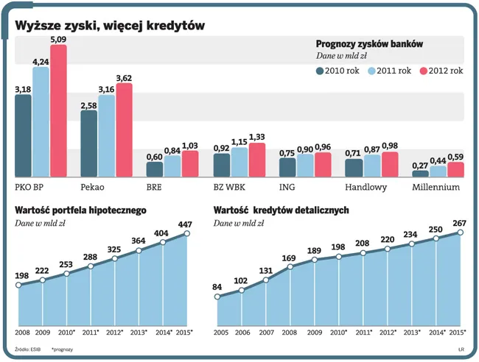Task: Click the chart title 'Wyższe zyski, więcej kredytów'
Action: [111, 26]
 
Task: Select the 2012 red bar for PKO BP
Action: [58, 110]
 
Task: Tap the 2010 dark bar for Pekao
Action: [89, 143]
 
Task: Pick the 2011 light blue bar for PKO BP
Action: [41, 121]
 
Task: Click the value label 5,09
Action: [58, 39]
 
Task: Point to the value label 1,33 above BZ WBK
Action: [257, 137]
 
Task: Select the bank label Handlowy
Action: [367, 188]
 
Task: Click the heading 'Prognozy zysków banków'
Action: [368, 44]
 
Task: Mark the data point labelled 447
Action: [187, 233]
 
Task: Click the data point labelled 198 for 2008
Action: [18, 285]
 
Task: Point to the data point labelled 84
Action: [217, 297]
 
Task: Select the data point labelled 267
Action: [461, 233]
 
